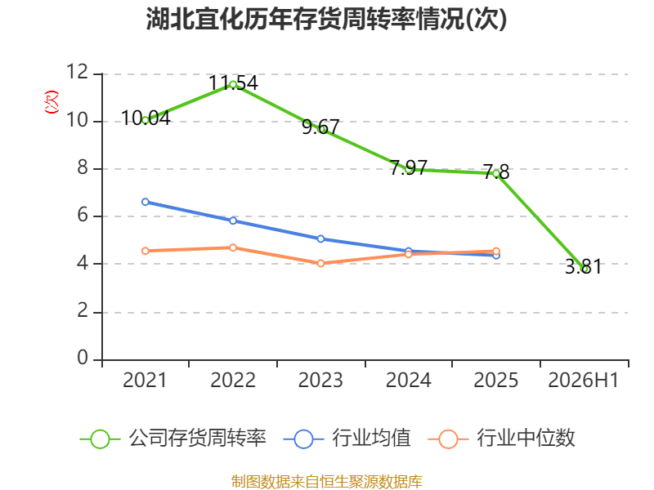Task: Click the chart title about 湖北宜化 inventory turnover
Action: [326, 19]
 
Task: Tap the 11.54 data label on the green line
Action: [233, 83]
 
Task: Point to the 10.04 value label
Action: [146, 118]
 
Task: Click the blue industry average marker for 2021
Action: [146, 202]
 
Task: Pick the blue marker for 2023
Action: [320, 238]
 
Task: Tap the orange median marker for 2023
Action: [320, 263]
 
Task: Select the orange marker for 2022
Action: [233, 248]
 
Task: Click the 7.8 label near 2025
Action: [496, 171]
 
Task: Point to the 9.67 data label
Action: [320, 127]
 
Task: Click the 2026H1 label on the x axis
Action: [584, 380]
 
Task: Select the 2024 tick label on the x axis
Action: [408, 380]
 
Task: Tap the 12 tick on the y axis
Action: [78, 72]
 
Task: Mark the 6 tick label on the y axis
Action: [83, 216]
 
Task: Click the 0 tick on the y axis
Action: [83, 358]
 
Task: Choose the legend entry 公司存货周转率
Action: [172, 439]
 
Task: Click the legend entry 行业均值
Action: [347, 439]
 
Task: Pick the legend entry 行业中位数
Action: [502, 439]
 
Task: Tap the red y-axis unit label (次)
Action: [52, 102]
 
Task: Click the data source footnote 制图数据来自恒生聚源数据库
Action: [327, 482]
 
